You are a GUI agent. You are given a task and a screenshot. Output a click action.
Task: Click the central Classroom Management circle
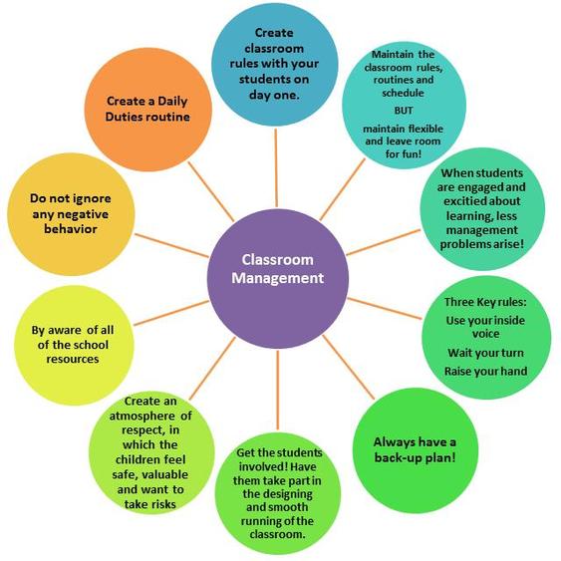click(278, 279)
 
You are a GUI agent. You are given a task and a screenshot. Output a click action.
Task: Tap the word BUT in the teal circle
click(404, 111)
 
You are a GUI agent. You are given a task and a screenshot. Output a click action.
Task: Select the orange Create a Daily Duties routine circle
click(148, 110)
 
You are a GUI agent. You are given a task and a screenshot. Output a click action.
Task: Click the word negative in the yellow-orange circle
click(71, 214)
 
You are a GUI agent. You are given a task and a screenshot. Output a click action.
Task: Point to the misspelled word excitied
click(463, 201)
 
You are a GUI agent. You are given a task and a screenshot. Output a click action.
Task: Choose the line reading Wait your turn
click(485, 353)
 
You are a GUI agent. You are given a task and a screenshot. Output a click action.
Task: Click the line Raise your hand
click(485, 371)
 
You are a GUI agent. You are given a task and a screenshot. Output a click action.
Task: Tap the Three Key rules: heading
click(485, 302)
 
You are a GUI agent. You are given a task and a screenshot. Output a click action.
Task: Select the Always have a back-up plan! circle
click(416, 450)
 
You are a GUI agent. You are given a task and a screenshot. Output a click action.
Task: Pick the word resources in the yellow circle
click(73, 359)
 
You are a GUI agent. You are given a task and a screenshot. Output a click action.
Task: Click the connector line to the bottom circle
click(278, 391)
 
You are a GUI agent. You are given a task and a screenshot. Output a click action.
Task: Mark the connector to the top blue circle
click(276, 167)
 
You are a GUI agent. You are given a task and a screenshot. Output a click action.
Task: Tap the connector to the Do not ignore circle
click(171, 245)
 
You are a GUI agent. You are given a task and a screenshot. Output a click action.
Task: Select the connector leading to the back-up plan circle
click(349, 367)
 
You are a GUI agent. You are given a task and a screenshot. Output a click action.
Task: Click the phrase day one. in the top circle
click(274, 95)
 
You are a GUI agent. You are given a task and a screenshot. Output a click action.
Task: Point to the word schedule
click(403, 93)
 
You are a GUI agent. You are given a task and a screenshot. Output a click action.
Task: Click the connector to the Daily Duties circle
click(211, 191)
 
